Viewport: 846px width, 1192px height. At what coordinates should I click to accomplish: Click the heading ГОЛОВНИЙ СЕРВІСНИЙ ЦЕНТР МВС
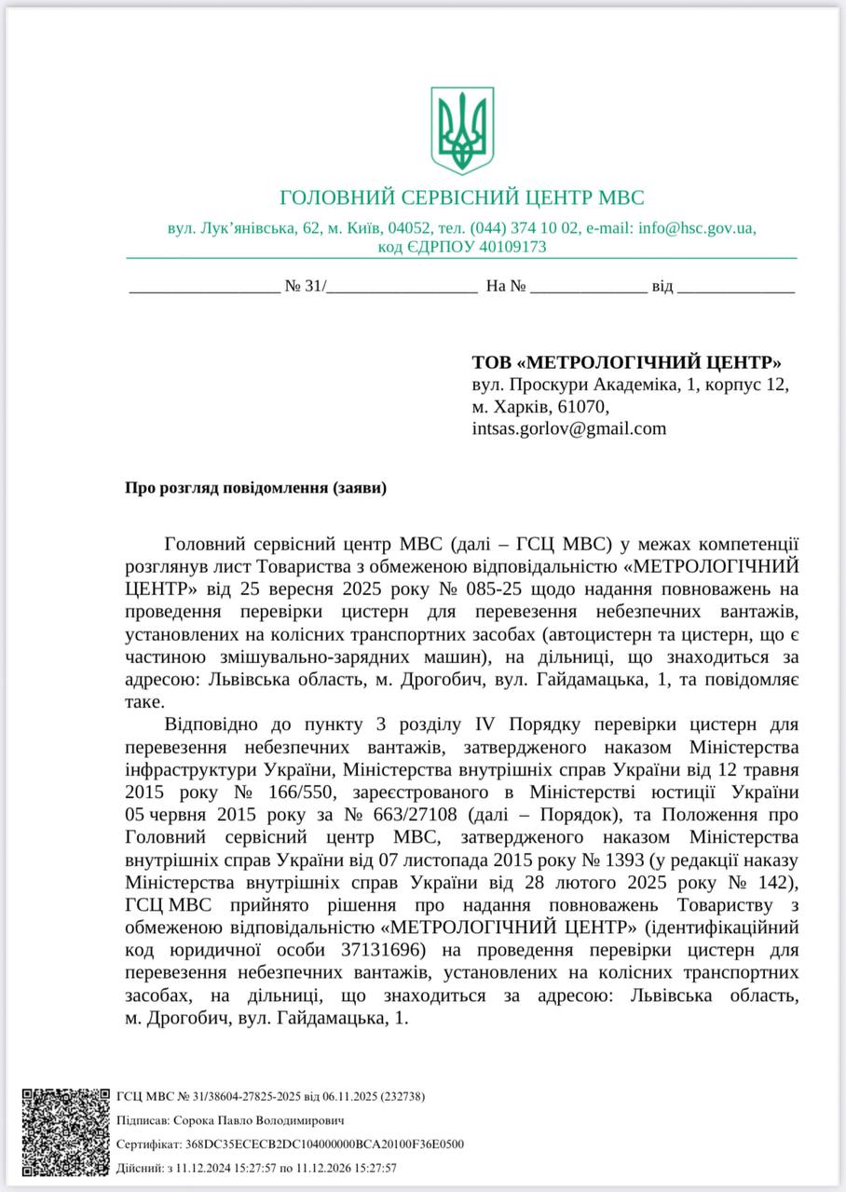tap(462, 197)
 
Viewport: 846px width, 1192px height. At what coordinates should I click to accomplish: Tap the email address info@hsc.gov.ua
tap(697, 228)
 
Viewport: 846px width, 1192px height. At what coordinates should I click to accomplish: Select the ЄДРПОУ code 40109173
tap(509, 247)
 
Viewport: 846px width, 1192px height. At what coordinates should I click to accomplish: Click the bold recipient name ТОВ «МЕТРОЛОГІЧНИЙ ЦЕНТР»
tap(627, 361)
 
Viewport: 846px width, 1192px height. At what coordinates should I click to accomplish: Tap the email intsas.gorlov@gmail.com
tap(569, 428)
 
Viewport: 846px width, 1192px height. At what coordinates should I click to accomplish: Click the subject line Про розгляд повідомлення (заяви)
tap(255, 487)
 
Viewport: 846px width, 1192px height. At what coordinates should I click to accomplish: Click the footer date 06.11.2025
tap(338, 1097)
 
